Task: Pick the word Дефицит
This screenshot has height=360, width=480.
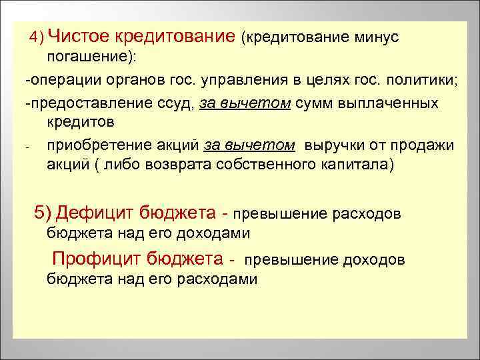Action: (x=95, y=213)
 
